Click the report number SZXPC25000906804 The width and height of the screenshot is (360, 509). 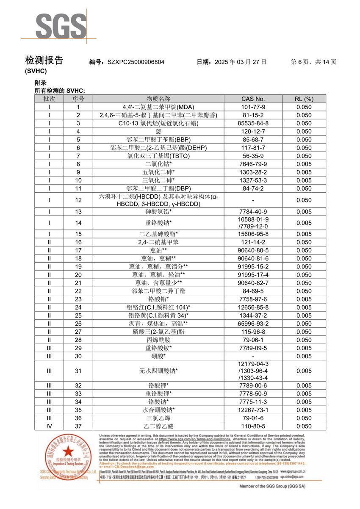point(136,62)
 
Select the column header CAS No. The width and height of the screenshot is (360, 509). point(253,99)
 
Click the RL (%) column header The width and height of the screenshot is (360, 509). point(304,99)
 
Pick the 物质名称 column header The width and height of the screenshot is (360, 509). point(158,99)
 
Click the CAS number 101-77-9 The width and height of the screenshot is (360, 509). point(253,107)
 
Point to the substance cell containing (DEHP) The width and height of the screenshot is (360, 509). point(158,148)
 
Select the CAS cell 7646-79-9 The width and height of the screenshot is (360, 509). point(253,164)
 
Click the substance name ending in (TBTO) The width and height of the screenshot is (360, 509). point(158,156)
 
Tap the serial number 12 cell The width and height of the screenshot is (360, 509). point(78,200)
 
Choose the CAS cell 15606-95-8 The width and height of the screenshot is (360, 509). point(253,234)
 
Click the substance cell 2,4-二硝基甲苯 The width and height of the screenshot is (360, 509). point(158,242)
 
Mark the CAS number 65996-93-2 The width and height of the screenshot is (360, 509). point(253,324)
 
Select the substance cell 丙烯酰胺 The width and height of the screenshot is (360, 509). point(158,340)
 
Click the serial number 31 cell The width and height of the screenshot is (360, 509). point(78,371)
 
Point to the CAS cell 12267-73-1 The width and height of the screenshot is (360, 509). point(253,410)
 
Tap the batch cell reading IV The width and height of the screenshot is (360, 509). point(49,426)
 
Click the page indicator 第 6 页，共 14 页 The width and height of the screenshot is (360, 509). point(313,62)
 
